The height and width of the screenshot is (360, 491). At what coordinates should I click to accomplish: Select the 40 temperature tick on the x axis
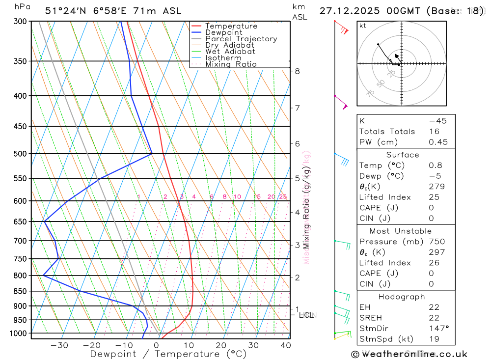tap(285, 345)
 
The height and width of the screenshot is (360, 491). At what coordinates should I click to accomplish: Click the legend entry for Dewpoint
tap(224, 32)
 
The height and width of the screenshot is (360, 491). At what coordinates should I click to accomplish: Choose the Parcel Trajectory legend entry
tap(241, 39)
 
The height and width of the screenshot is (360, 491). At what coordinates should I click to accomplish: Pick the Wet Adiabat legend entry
tap(230, 52)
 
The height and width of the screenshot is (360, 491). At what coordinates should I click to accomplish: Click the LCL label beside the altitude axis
tap(306, 315)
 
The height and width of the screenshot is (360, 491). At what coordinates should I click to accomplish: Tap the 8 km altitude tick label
tap(297, 71)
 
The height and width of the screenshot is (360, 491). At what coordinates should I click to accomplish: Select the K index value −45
tap(437, 121)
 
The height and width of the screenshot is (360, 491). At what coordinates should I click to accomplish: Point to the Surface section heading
tap(403, 155)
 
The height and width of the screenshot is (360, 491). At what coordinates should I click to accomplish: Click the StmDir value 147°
tap(438, 329)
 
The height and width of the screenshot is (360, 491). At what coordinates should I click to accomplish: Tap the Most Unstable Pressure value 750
tap(436, 242)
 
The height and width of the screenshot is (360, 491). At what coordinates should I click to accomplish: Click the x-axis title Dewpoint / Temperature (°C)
tap(168, 354)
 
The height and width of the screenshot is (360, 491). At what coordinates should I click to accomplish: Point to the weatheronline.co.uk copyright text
tap(409, 354)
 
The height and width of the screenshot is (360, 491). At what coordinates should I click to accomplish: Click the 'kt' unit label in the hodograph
tap(362, 26)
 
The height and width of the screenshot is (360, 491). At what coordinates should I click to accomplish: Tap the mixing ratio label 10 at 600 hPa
tap(237, 197)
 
